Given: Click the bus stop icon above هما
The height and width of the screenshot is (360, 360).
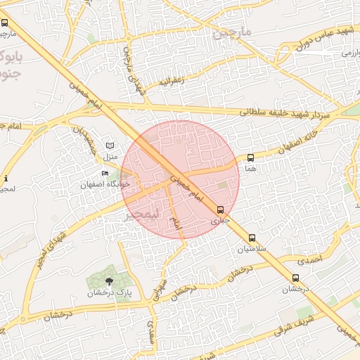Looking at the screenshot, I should click(x=251, y=158).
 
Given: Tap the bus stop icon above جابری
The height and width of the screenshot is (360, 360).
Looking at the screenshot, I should click(x=221, y=210).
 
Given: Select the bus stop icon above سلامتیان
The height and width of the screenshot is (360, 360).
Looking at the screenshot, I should click(x=252, y=238).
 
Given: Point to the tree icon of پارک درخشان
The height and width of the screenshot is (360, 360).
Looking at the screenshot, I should click(x=108, y=281).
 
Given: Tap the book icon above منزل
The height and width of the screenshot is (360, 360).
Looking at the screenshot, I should click(x=109, y=145).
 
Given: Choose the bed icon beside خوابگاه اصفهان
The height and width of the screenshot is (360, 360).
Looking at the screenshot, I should click(x=105, y=174).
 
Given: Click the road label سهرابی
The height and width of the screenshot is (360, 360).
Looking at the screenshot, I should click(x=157, y=288).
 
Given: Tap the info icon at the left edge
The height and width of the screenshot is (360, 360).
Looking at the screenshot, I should click(x=6, y=178).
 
